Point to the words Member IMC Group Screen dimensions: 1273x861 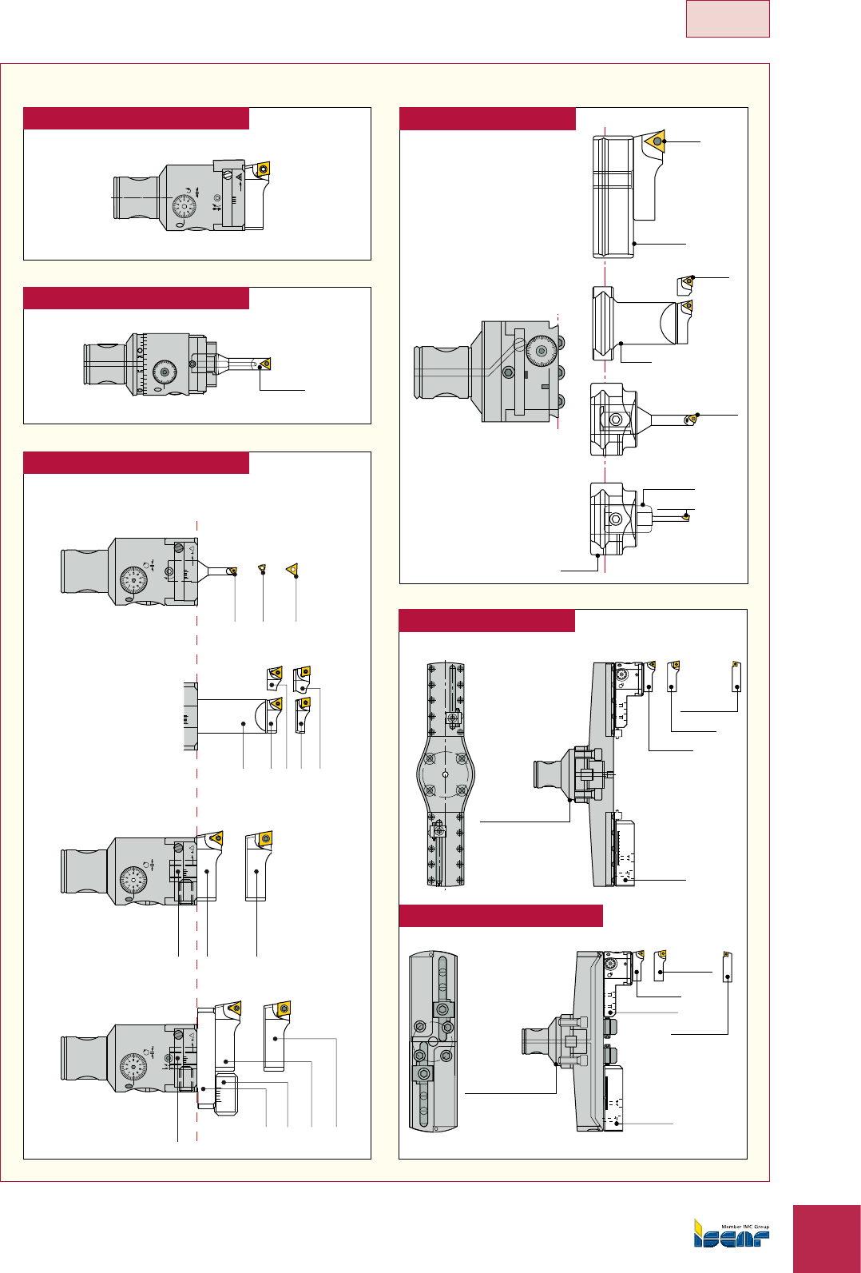745,1227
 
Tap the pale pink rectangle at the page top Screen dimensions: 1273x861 727,18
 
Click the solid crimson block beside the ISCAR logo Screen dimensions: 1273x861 827,1239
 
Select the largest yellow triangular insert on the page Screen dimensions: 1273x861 656,141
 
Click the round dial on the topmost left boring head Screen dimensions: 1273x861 184,206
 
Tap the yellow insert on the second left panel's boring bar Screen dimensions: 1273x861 264,364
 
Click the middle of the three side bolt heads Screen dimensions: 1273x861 561,372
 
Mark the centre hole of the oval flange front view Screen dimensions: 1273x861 446,774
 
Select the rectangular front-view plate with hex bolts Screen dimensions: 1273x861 432,1041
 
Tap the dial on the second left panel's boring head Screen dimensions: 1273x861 165,371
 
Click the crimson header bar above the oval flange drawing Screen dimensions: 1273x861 486,621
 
